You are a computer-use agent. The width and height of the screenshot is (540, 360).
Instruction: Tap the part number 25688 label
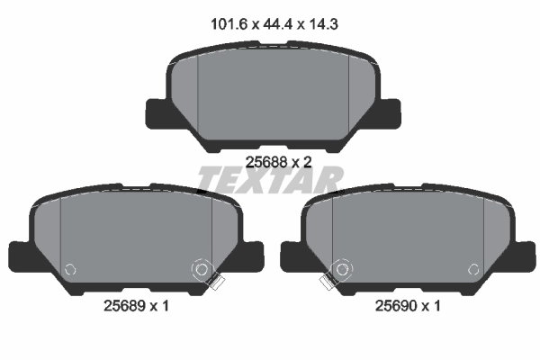pyautogui.click(x=263, y=163)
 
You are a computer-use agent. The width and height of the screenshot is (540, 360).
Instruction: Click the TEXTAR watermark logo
pyautogui.click(x=270, y=181)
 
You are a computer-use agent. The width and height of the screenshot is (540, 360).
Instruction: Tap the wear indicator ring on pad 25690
pyautogui.click(x=340, y=268)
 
